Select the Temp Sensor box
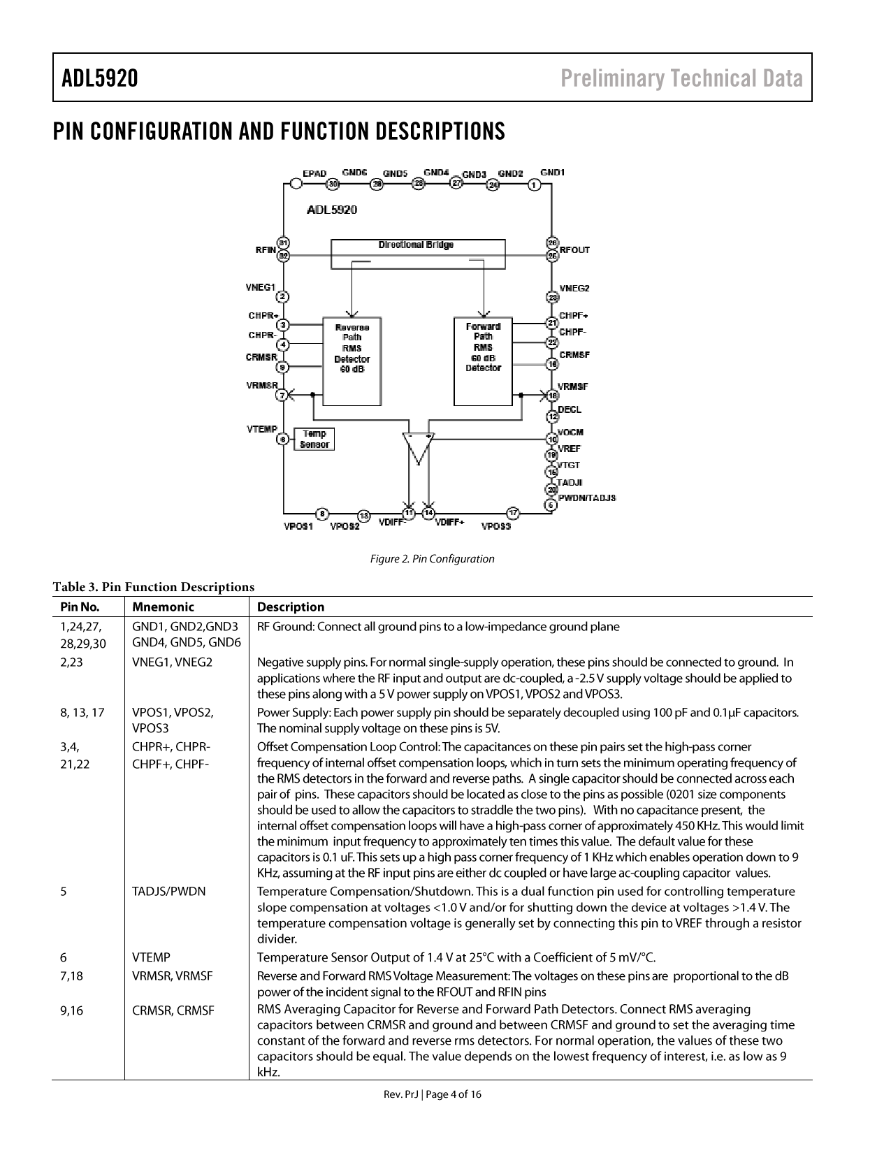pyautogui.click(x=314, y=439)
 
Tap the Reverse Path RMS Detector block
pyautogui.click(x=352, y=361)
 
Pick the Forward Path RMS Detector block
pyautogui.click(x=483, y=361)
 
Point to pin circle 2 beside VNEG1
pyautogui.click(x=283, y=297)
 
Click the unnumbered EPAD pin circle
pyautogui.click(x=296, y=184)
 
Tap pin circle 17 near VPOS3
pyautogui.click(x=513, y=513)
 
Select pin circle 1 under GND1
pyautogui.click(x=535, y=184)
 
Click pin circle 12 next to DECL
pyautogui.click(x=552, y=416)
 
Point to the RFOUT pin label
pyautogui.click(x=575, y=250)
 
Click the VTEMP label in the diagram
pyautogui.click(x=262, y=429)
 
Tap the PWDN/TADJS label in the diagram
pyautogui.click(x=586, y=498)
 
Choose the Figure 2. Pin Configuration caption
pyautogui.click(x=432, y=559)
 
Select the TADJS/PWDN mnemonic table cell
pyautogui.click(x=169, y=892)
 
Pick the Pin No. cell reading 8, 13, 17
pyautogui.click(x=82, y=713)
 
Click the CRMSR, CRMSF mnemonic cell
pyautogui.click(x=173, y=1010)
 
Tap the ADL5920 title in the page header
pyautogui.click(x=100, y=78)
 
